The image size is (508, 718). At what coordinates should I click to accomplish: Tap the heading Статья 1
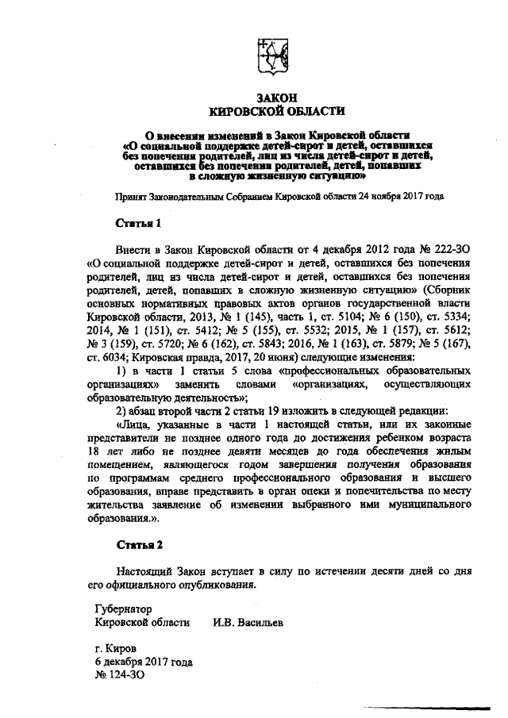pos(139,224)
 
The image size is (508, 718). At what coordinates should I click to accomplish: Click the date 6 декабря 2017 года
pos(143,661)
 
